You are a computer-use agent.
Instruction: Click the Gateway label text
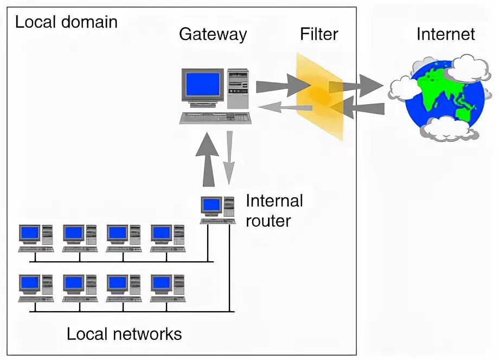point(213,35)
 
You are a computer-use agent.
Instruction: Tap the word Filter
point(319,35)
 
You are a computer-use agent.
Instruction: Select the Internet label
point(445,35)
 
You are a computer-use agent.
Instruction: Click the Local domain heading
point(66,22)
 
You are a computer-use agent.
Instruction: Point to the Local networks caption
point(124,333)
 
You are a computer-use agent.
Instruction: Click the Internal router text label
point(274,210)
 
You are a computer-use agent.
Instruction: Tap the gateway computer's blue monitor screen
point(202,85)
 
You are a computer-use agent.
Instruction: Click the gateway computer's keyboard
point(215,117)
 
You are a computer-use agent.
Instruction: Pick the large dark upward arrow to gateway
point(209,159)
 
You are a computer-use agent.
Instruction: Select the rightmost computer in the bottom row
point(168,288)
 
